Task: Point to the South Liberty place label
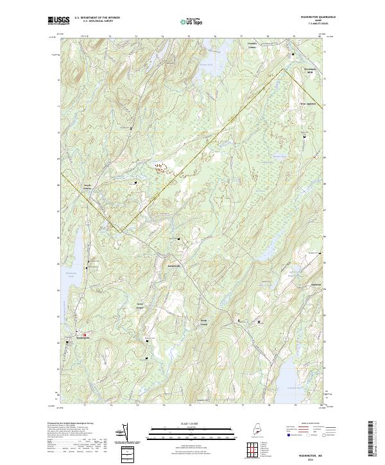coord(87,188)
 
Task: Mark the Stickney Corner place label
coord(141,305)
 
